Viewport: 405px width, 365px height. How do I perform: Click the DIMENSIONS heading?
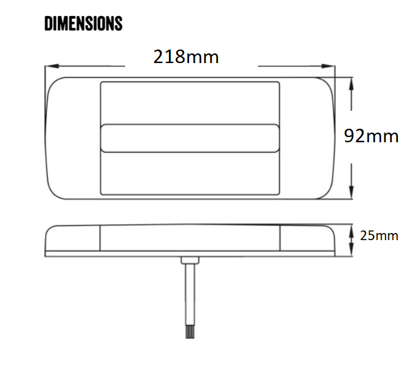(83, 24)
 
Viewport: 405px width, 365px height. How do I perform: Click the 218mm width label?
(186, 57)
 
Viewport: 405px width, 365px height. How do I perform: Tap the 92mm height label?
(371, 136)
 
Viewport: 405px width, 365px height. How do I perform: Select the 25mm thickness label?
(379, 236)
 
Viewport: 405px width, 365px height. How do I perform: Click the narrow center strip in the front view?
(190, 138)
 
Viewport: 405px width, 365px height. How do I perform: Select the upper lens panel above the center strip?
(190, 102)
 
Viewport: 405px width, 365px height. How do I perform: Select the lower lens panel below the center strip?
(190, 173)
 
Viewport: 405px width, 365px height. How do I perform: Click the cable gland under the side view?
(190, 260)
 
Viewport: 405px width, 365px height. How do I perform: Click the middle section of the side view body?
(190, 239)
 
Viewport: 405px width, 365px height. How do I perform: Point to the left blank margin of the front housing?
(72, 138)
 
